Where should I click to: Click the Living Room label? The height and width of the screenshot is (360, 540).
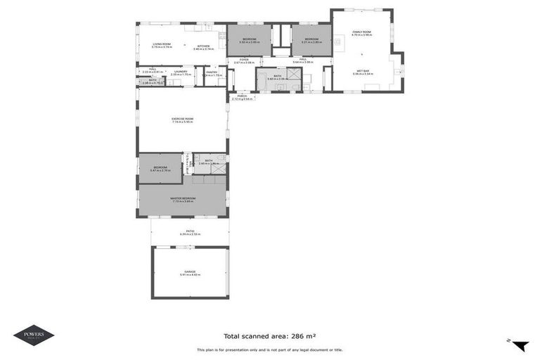coord(162,44)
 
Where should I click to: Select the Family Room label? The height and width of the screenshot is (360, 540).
coord(361,32)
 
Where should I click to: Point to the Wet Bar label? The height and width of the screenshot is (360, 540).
coord(363,71)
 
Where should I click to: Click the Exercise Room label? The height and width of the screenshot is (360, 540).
coord(182,120)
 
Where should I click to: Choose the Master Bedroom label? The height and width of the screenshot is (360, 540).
coord(182,199)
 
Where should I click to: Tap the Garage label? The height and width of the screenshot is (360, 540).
coord(190,273)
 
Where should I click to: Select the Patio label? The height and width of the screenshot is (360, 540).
coord(190,231)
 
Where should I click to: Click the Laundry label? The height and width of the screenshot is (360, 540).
coord(180,71)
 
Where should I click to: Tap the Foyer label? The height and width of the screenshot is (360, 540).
coord(243,60)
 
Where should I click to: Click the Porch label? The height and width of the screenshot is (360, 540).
coord(242,97)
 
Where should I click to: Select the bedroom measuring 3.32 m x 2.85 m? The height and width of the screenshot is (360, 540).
coord(250,40)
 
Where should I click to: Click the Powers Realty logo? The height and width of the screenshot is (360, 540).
coord(34,335)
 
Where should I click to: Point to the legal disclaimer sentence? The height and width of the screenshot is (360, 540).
coord(270,349)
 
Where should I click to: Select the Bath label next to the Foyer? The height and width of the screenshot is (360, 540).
coord(276,77)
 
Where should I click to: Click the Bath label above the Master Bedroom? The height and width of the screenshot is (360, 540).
coord(209,162)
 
